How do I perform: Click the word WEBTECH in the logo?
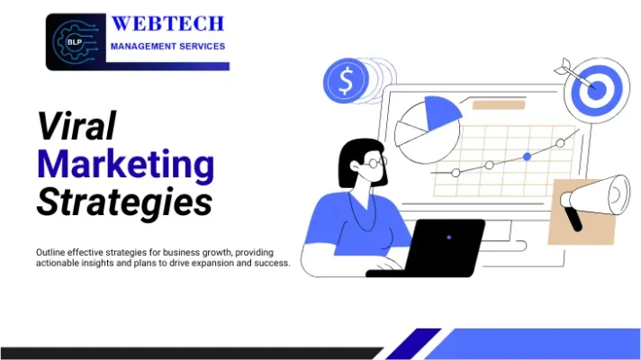[x=167, y=23]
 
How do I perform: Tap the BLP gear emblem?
[x=76, y=41]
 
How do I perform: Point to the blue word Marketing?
[x=125, y=165]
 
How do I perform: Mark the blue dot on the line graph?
[x=527, y=157]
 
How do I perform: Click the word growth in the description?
[x=208, y=252]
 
